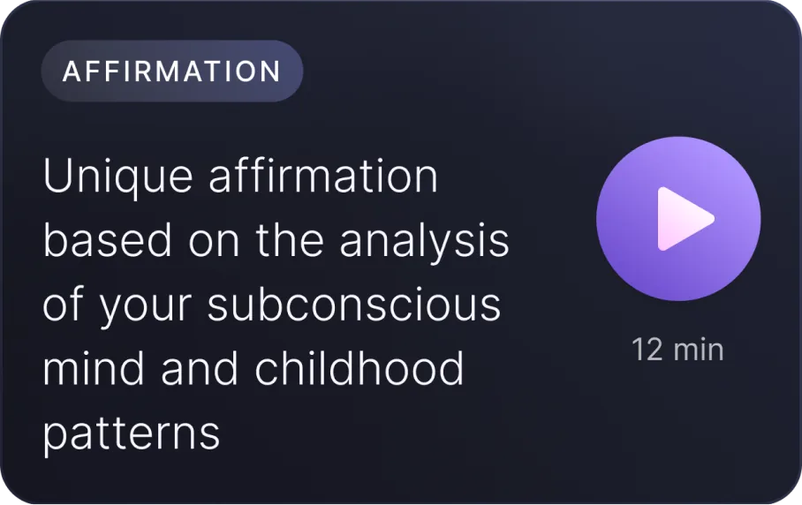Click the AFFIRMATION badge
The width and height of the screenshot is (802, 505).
click(x=172, y=71)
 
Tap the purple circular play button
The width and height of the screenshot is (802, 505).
click(x=678, y=219)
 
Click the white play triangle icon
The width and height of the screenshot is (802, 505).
click(x=685, y=219)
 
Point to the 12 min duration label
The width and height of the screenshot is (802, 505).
click(x=677, y=350)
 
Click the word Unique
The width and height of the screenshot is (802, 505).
click(x=117, y=177)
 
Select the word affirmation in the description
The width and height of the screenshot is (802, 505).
click(x=323, y=176)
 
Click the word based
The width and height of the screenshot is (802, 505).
click(x=108, y=240)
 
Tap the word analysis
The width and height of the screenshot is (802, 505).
click(x=424, y=242)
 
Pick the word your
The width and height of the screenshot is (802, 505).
click(x=145, y=308)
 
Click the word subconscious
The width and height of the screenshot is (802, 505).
click(x=354, y=304)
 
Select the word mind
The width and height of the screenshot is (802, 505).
click(x=94, y=368)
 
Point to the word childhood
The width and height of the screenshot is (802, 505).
click(x=359, y=368)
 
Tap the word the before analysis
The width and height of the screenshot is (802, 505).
click(x=290, y=240)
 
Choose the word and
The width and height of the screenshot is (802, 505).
click(x=200, y=368)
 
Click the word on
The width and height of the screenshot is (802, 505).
click(x=214, y=244)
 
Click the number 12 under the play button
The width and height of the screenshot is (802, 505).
click(x=647, y=350)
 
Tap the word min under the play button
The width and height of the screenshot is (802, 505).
click(x=699, y=350)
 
